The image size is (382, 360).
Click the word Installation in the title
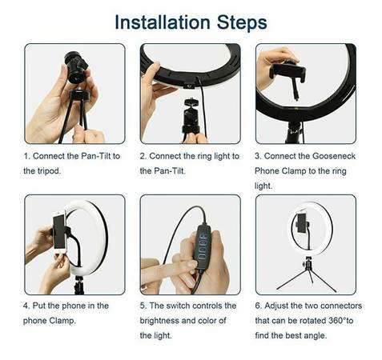coord(163,22)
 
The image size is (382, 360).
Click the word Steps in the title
coord(242,22)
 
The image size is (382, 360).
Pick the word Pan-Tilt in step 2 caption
coord(170,170)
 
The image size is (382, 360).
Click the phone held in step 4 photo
coord(59,231)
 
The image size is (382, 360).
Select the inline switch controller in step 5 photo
coord(203,246)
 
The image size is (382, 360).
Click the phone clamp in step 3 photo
coord(288,73)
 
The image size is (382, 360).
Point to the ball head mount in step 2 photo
coord(191,115)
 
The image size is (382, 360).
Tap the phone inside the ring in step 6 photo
coord(302,223)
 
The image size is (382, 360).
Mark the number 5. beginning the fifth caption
coord(143,306)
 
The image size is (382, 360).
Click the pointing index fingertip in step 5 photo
coord(192,265)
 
